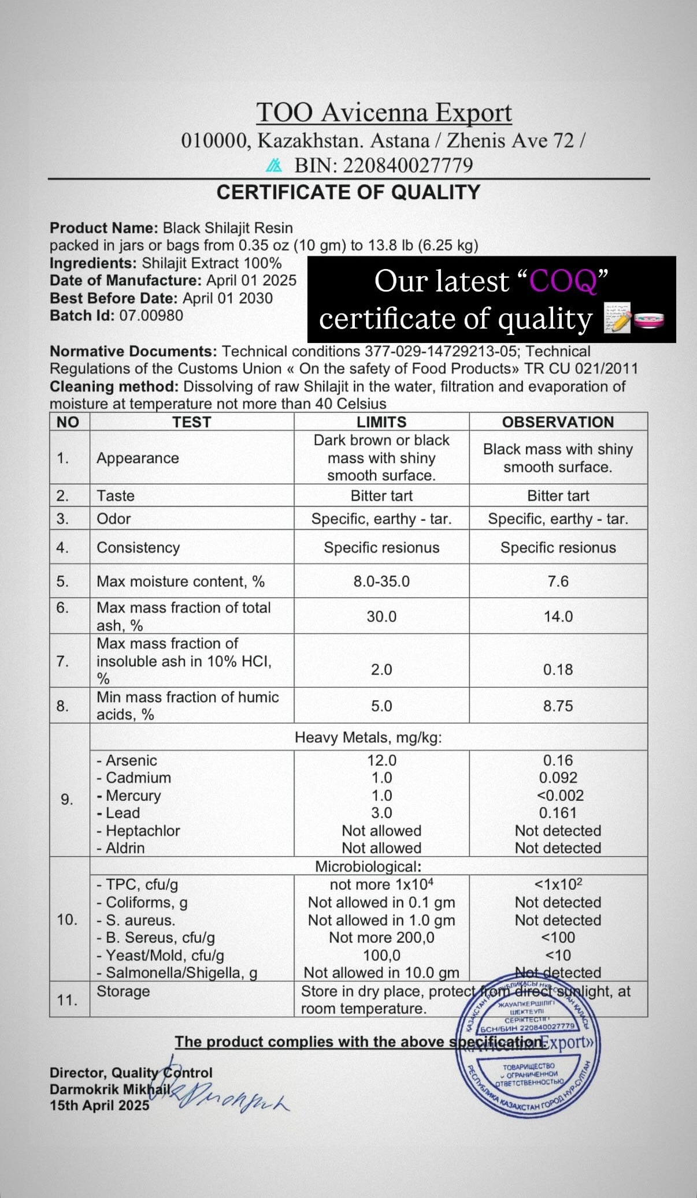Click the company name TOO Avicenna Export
pyautogui.click(x=384, y=113)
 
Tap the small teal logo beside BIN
pyautogui.click(x=273, y=166)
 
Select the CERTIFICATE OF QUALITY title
pyautogui.click(x=348, y=192)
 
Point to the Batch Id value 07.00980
pyautogui.click(x=151, y=316)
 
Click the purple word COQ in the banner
pyautogui.click(x=563, y=282)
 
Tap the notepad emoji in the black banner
pyautogui.click(x=616, y=318)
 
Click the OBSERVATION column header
pyautogui.click(x=558, y=422)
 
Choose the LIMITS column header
pyautogui.click(x=381, y=422)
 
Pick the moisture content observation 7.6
pyautogui.click(x=558, y=581)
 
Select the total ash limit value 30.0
pyautogui.click(x=381, y=617)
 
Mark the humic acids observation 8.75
pyautogui.click(x=558, y=706)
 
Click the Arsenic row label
pyautogui.click(x=127, y=760)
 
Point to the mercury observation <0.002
pyautogui.click(x=560, y=796)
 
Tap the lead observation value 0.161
pyautogui.click(x=558, y=813)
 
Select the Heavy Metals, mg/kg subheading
pyautogui.click(x=368, y=737)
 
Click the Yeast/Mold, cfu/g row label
pyautogui.click(x=161, y=956)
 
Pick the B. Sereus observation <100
pyautogui.click(x=558, y=938)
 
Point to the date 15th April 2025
pyautogui.click(x=99, y=1106)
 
